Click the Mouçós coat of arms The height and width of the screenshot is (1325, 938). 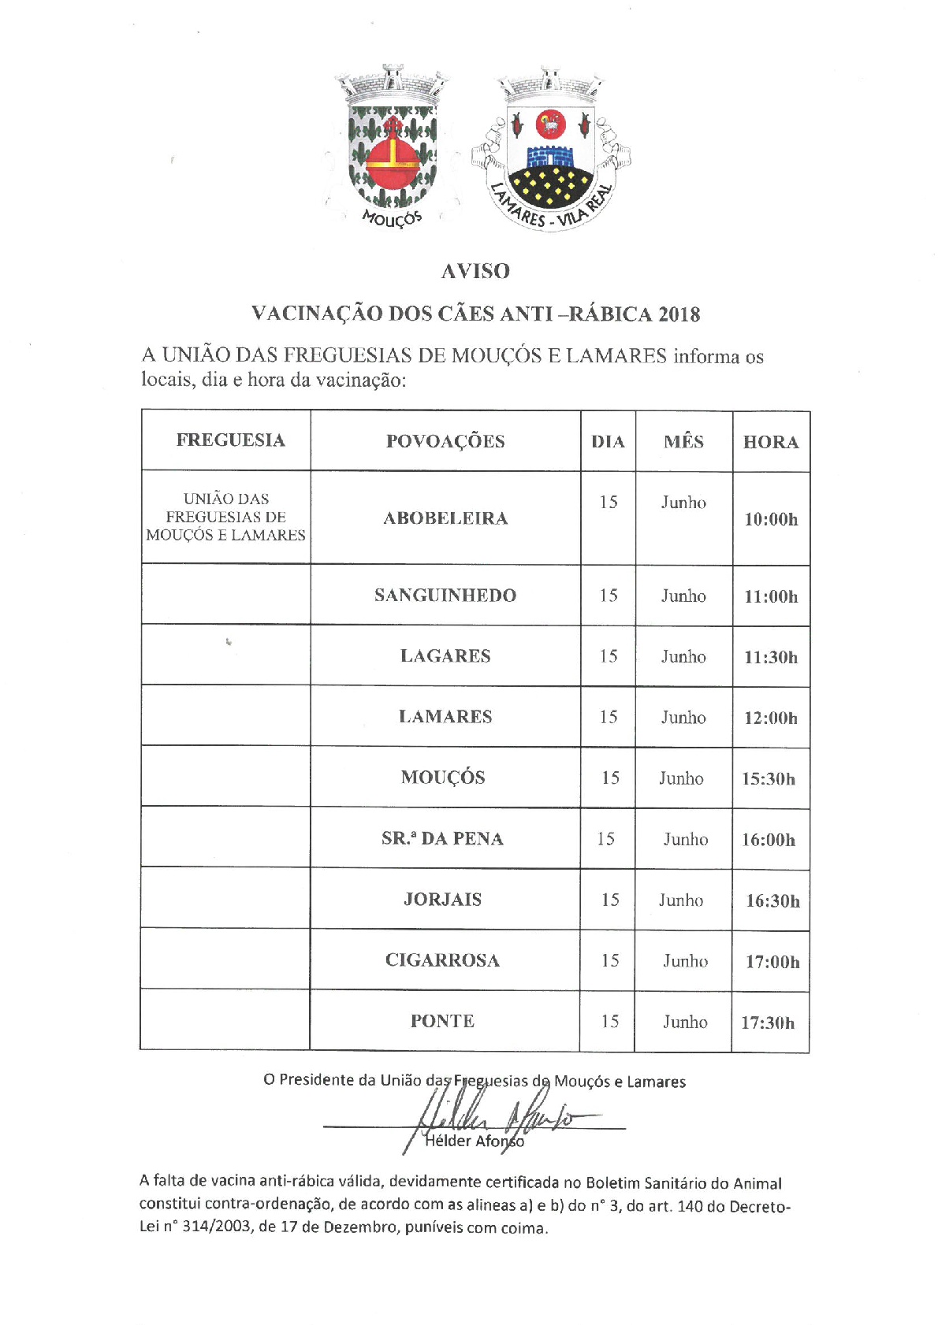pos(392,146)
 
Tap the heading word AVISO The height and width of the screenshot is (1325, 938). pos(475,271)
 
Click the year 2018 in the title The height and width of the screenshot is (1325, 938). pos(679,314)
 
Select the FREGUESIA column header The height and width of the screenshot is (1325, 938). pos(230,440)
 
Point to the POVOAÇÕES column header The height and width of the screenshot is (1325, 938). pos(445,441)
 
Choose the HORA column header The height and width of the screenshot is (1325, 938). pos(771,442)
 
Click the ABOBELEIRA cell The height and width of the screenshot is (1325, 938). pos(445,518)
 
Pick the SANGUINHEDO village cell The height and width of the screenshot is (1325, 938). pos(445,596)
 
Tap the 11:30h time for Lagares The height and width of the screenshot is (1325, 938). pos(771,657)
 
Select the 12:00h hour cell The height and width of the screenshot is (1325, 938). pos(771,718)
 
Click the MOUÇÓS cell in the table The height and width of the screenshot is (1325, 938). pos(443,778)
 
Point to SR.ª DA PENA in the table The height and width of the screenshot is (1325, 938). pos(442,838)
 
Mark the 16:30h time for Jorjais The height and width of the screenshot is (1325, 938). pos(772,900)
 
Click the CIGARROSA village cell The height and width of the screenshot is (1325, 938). pos(442,960)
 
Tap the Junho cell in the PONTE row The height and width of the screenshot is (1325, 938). pos(685,1022)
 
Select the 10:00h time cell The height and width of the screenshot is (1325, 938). pos(771,519)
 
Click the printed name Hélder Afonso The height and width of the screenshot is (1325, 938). pos(474,1141)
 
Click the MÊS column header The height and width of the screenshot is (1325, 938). pos(683,441)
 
